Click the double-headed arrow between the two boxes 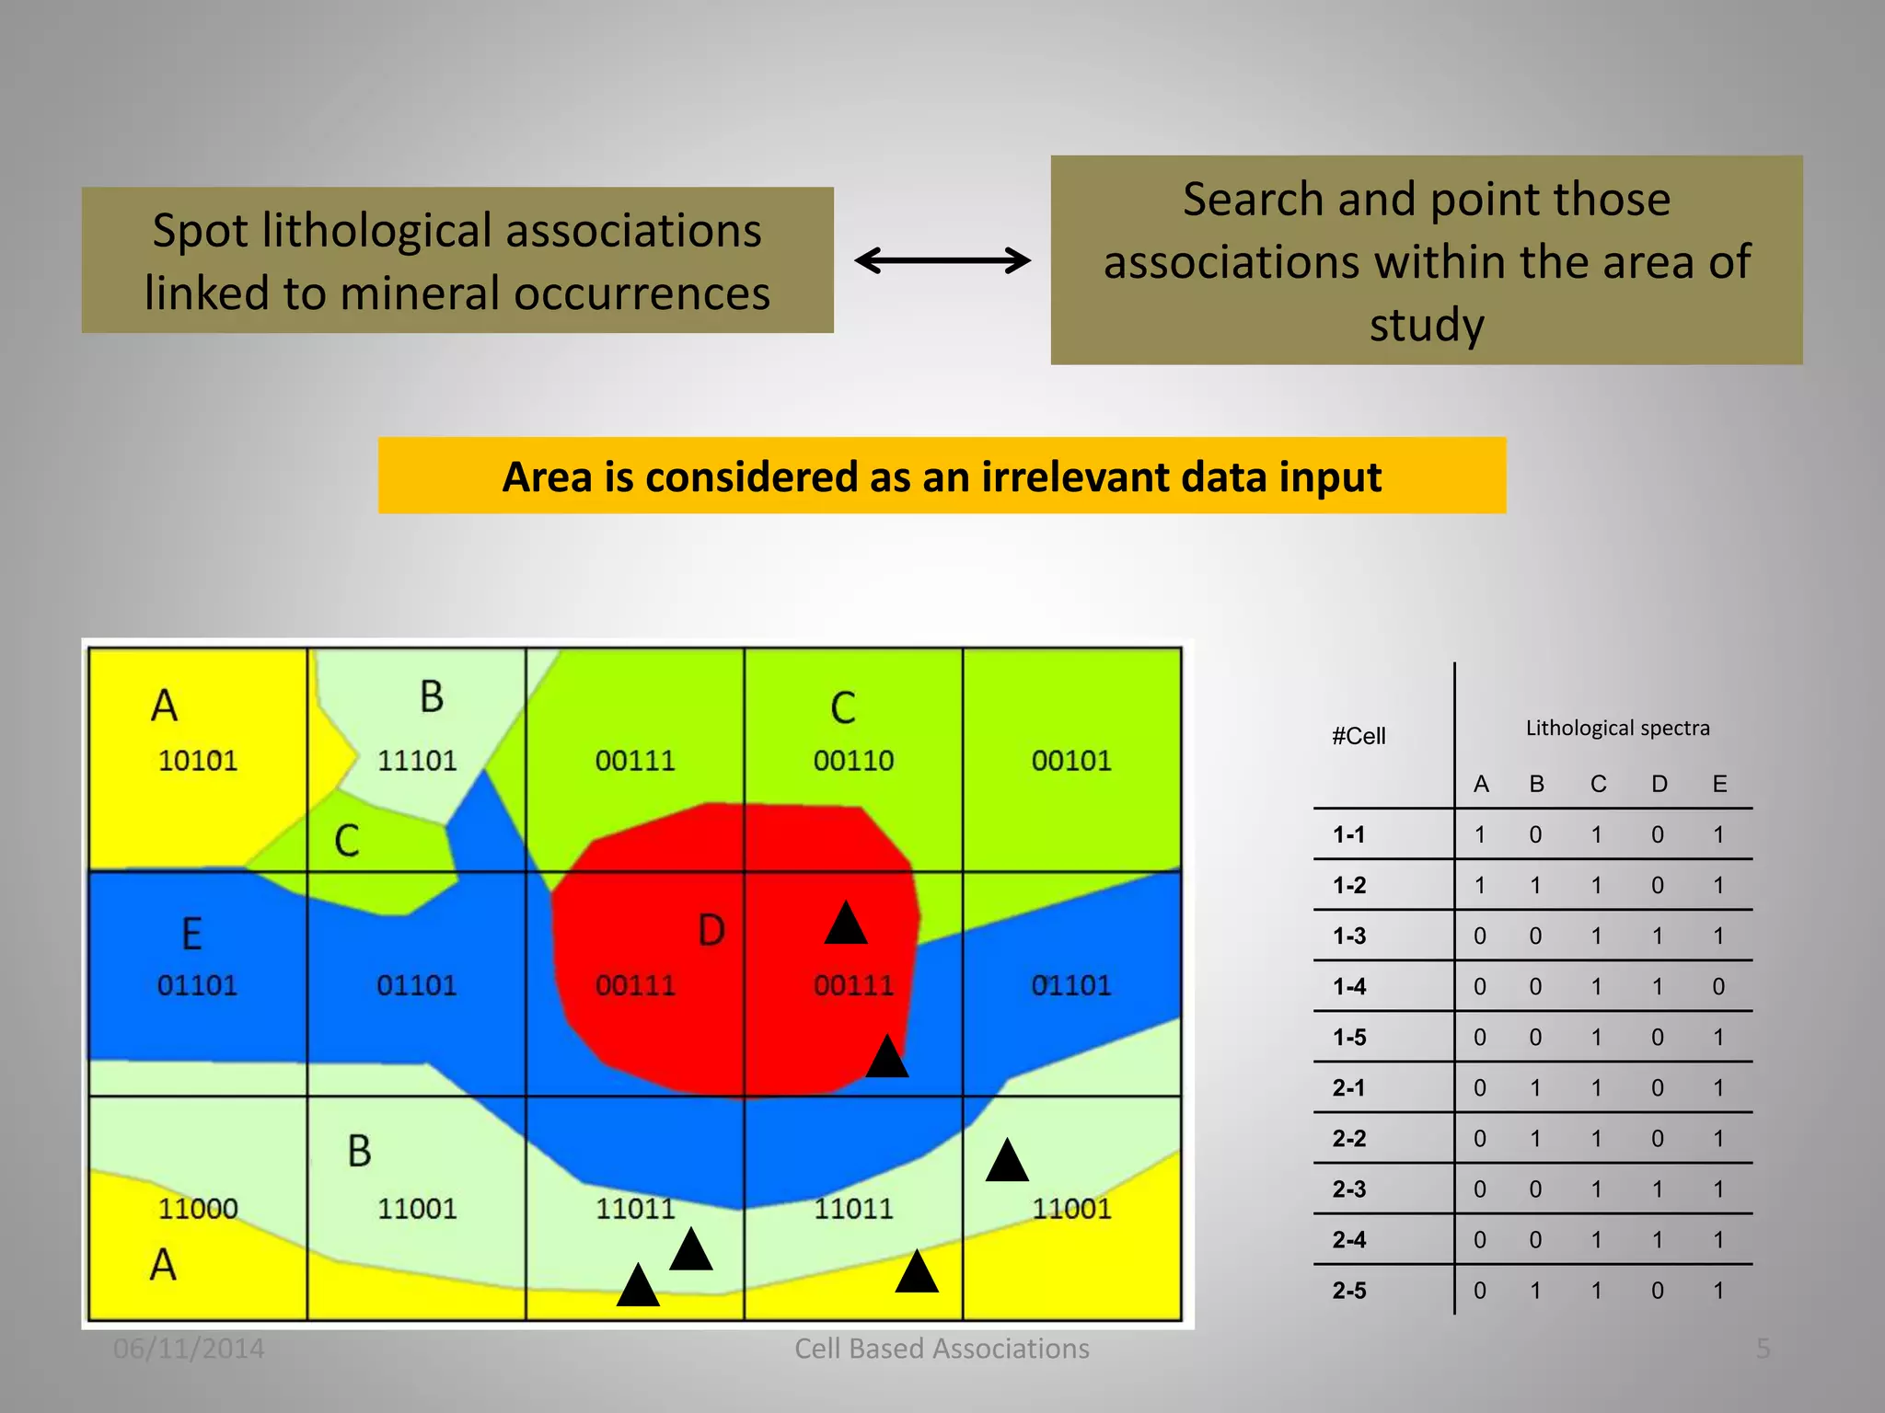pyautogui.click(x=942, y=260)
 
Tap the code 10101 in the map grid pyautogui.click(x=198, y=761)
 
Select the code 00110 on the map pyautogui.click(x=853, y=761)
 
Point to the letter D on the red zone pyautogui.click(x=711, y=931)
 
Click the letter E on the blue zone pyautogui.click(x=191, y=935)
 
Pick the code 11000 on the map pyautogui.click(x=198, y=1208)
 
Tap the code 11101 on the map pyautogui.click(x=417, y=761)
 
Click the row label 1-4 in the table pyautogui.click(x=1349, y=987)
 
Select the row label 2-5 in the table pyautogui.click(x=1349, y=1291)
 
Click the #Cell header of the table pyautogui.click(x=1359, y=736)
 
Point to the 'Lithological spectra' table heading pyautogui.click(x=1617, y=729)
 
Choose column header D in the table pyautogui.click(x=1659, y=784)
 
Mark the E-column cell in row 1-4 pyautogui.click(x=1718, y=987)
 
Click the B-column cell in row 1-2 pyautogui.click(x=1535, y=886)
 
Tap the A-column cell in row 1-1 pyautogui.click(x=1480, y=835)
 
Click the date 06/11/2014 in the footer pyautogui.click(x=189, y=1349)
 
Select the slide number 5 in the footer pyautogui.click(x=1763, y=1349)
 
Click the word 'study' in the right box pyautogui.click(x=1427, y=326)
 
